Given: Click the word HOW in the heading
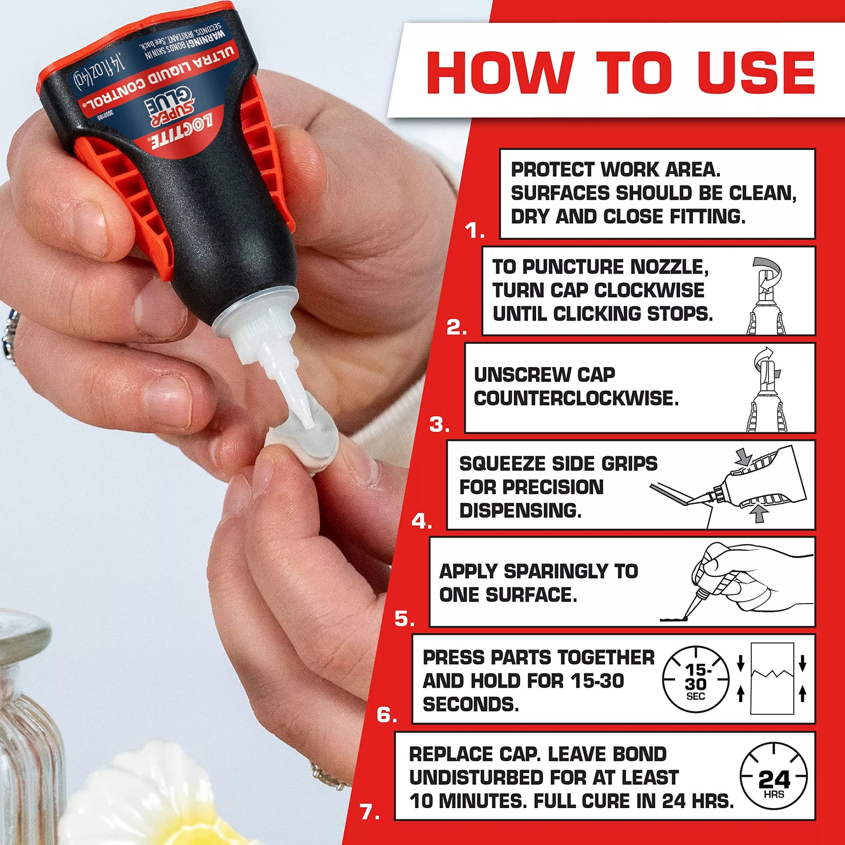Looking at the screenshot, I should pyautogui.click(x=499, y=72).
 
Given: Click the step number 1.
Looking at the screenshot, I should pyautogui.click(x=474, y=231).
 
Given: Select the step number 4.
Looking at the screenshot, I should pyautogui.click(x=421, y=522).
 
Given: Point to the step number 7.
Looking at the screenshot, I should pyautogui.click(x=369, y=812).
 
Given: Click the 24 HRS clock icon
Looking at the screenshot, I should pyautogui.click(x=774, y=777).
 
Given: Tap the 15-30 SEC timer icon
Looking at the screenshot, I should pyautogui.click(x=696, y=679).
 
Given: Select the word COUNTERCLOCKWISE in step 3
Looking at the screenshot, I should pyautogui.click(x=576, y=398).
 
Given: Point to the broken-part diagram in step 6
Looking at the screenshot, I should pyautogui.click(x=772, y=679).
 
